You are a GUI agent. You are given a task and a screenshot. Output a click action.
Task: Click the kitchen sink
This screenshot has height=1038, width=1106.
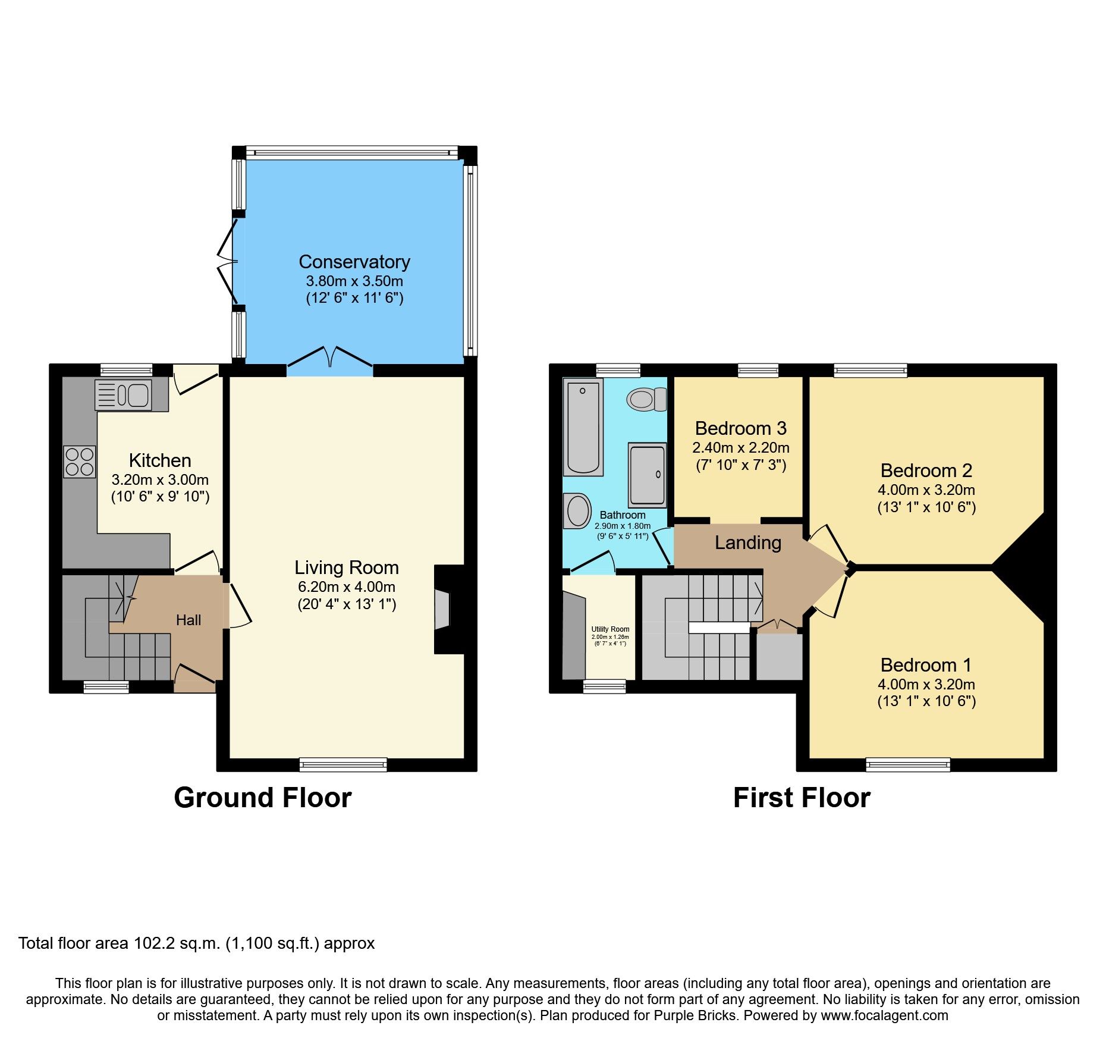pyautogui.click(x=124, y=395)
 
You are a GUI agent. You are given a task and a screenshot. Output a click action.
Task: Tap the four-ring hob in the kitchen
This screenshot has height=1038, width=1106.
pyautogui.click(x=80, y=462)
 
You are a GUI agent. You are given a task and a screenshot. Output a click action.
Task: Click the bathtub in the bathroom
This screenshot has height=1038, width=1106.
pyautogui.click(x=583, y=427)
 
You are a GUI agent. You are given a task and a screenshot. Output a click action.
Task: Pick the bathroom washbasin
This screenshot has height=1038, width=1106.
pyautogui.click(x=577, y=511)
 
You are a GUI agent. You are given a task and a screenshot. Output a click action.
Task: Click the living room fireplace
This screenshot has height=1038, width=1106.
pyautogui.click(x=444, y=609)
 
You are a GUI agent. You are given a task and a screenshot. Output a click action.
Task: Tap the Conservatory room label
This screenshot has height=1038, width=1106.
pyautogui.click(x=354, y=262)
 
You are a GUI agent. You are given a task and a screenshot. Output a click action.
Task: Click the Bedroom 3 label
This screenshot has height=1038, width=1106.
pyautogui.click(x=740, y=428)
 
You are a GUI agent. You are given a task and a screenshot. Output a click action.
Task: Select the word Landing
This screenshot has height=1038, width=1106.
pyautogui.click(x=747, y=542)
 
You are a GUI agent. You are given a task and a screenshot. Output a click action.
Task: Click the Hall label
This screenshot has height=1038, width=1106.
pyautogui.click(x=188, y=620)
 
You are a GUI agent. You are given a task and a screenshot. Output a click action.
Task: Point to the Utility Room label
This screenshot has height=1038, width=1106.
pyautogui.click(x=610, y=629)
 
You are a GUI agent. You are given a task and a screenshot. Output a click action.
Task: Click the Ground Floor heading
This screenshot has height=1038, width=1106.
pyautogui.click(x=262, y=798)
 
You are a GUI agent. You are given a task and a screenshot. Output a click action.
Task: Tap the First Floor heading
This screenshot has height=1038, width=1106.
pyautogui.click(x=802, y=798)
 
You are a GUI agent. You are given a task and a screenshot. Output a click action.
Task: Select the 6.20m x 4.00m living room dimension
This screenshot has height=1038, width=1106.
pyautogui.click(x=347, y=587)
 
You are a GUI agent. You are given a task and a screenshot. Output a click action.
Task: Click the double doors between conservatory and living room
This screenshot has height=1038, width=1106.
pyautogui.click(x=330, y=359)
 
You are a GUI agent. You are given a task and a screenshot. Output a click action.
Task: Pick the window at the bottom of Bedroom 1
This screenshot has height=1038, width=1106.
pyautogui.click(x=907, y=764)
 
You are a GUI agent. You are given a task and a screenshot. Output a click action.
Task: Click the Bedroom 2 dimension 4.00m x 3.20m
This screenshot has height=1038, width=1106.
pyautogui.click(x=926, y=490)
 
